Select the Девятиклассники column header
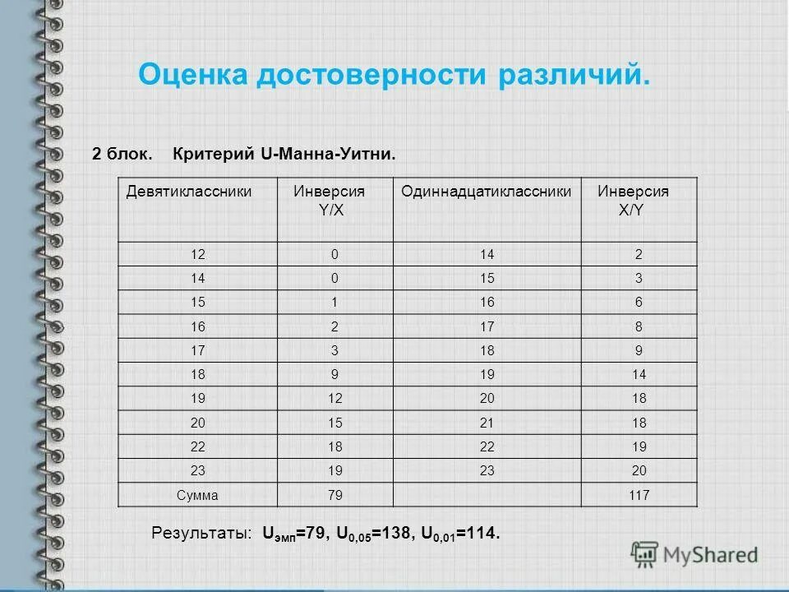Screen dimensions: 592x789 (188, 192)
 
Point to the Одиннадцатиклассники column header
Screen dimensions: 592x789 (486, 192)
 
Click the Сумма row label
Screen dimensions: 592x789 (197, 495)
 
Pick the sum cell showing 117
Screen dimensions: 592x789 (638, 495)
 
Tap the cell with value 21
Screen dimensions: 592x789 (487, 423)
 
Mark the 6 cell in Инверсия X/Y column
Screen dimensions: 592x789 (639, 302)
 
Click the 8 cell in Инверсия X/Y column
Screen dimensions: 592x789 (639, 326)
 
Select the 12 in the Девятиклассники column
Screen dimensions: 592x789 (197, 254)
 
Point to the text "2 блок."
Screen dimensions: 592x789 (121, 154)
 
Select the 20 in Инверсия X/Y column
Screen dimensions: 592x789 (639, 471)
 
